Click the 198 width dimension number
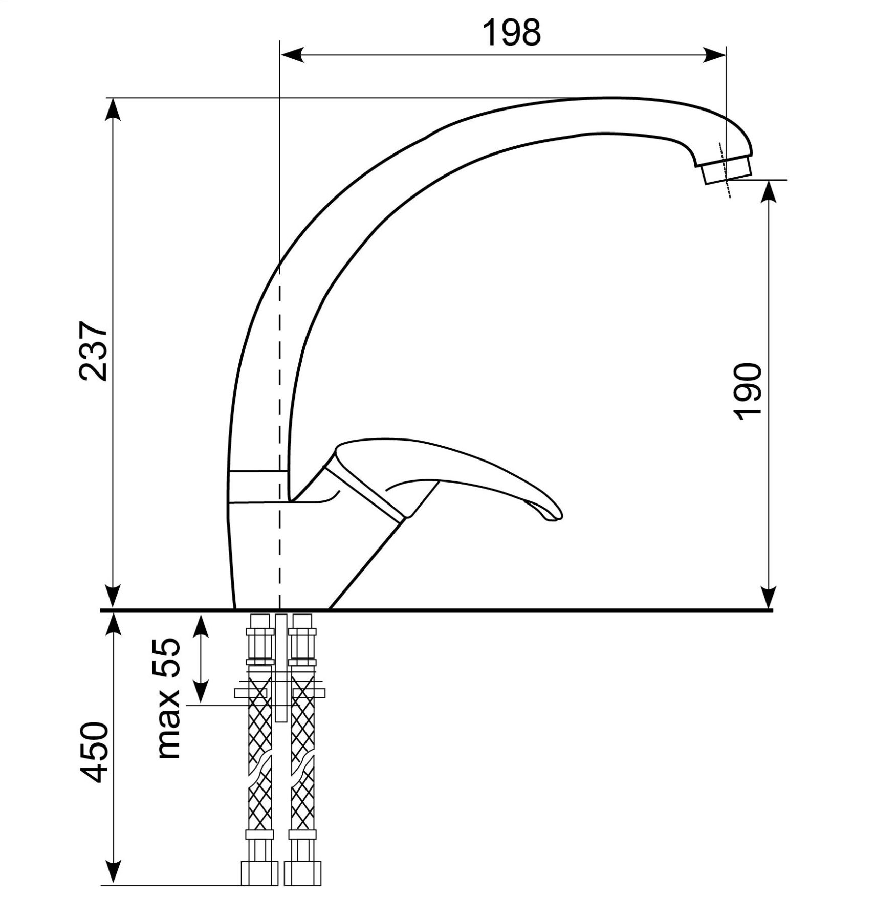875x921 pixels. [x=512, y=33]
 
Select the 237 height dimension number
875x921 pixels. [x=94, y=351]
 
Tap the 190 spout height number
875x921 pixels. [x=748, y=392]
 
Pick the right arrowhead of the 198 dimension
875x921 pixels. [x=713, y=55]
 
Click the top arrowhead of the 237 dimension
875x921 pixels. [x=113, y=109]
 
